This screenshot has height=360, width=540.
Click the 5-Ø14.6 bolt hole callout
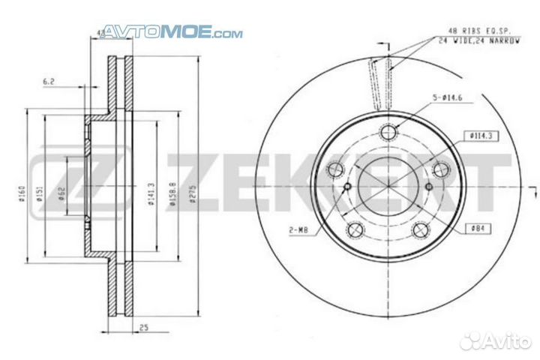pyautogui.click(x=448, y=97)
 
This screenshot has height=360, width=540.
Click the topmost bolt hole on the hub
pyautogui.click(x=388, y=133)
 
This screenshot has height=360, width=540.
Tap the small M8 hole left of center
pyautogui.click(x=346, y=187)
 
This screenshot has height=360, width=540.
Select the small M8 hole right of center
pyautogui.click(x=429, y=187)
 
